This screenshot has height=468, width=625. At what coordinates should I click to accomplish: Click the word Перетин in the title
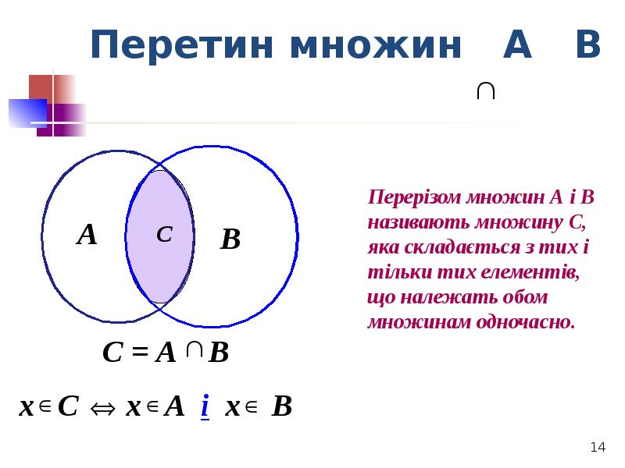pos(182,46)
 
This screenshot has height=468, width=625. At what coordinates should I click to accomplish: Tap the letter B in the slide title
pos(587,45)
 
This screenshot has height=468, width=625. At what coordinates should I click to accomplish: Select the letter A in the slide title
pos(517,45)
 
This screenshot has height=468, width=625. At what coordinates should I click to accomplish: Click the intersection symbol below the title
pos(484,91)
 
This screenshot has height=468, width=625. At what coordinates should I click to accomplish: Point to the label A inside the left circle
pos(87,235)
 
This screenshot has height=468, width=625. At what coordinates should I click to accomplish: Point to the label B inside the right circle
pos(230,239)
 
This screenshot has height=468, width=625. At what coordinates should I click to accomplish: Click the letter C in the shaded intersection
pos(163,234)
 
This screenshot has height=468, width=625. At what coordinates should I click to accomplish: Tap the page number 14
pos(598,447)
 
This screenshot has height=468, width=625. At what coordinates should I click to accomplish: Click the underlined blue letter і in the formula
pos(204,406)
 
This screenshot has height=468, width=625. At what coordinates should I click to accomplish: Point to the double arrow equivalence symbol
pos(102,408)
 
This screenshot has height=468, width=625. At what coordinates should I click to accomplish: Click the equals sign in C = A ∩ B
pos(139,353)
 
